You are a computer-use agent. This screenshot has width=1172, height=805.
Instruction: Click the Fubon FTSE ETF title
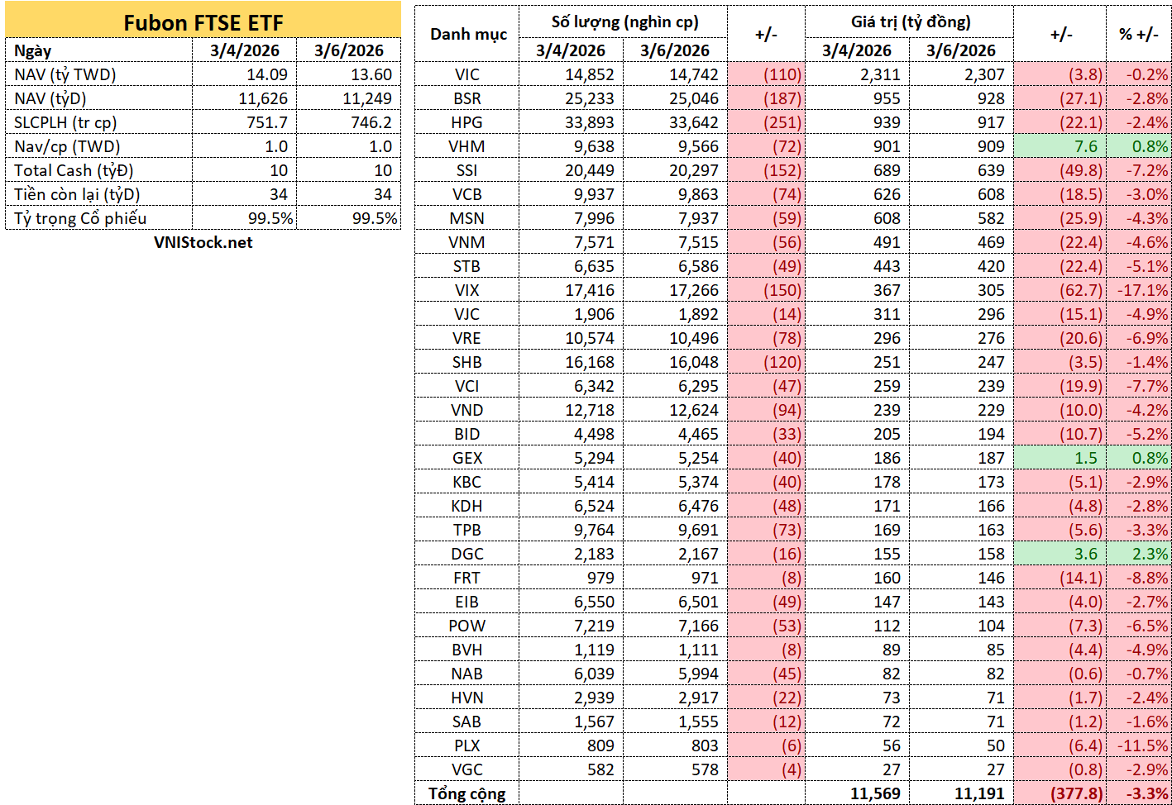pyautogui.click(x=203, y=23)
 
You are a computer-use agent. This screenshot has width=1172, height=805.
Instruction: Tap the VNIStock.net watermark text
pyautogui.click(x=203, y=242)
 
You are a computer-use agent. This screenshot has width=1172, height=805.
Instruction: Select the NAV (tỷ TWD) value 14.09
pyautogui.click(x=267, y=74)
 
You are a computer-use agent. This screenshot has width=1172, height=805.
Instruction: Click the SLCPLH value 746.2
pyautogui.click(x=371, y=122)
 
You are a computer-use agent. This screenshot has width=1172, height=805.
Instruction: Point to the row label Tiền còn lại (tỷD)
pyautogui.click(x=77, y=194)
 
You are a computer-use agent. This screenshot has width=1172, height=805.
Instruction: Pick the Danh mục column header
pyautogui.click(x=468, y=35)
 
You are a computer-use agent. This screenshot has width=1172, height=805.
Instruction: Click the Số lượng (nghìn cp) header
pyautogui.click(x=624, y=22)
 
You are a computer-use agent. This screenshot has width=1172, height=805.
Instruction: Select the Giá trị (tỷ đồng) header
pyautogui.click(x=911, y=22)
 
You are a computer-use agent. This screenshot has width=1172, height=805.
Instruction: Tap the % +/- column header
pyautogui.click(x=1139, y=35)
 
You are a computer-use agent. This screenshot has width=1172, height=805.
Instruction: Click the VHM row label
pyautogui.click(x=466, y=146)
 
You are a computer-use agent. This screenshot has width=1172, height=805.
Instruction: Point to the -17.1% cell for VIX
pyautogui.click(x=1143, y=290)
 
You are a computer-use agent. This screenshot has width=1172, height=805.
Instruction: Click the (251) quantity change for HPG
pyautogui.click(x=782, y=122)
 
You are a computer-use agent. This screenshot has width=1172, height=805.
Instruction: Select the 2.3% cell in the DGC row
pyautogui.click(x=1150, y=554)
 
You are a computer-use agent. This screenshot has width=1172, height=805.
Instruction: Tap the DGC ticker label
pyautogui.click(x=466, y=554)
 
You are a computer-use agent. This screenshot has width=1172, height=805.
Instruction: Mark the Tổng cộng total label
pyautogui.click(x=467, y=794)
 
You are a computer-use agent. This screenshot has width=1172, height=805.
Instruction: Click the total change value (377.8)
pyautogui.click(x=1077, y=793)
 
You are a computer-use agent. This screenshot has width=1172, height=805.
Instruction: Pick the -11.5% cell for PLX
pyautogui.click(x=1143, y=745)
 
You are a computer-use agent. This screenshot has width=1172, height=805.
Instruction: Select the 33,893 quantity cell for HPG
pyautogui.click(x=589, y=122)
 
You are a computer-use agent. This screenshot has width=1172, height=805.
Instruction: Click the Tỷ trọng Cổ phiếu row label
pyautogui.click(x=80, y=218)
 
